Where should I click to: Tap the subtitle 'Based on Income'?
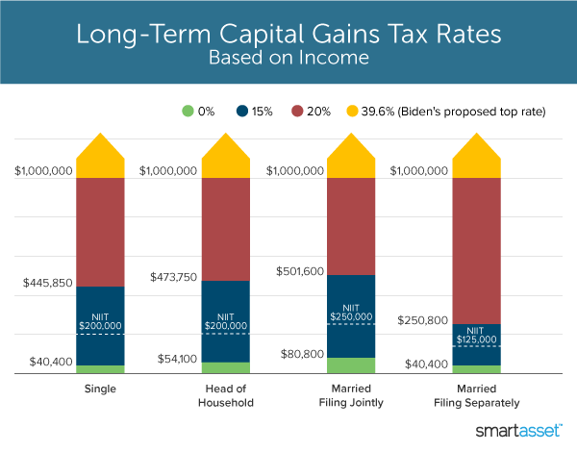coord(288,60)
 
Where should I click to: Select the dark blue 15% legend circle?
coord(254,111)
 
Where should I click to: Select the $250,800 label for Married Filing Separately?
coord(421,320)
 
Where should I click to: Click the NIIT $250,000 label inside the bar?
coord(351,311)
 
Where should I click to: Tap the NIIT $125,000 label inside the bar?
coord(476,335)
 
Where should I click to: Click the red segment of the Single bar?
coord(100,232)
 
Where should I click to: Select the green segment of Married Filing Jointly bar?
coord(351,364)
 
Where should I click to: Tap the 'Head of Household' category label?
coord(226,395)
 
